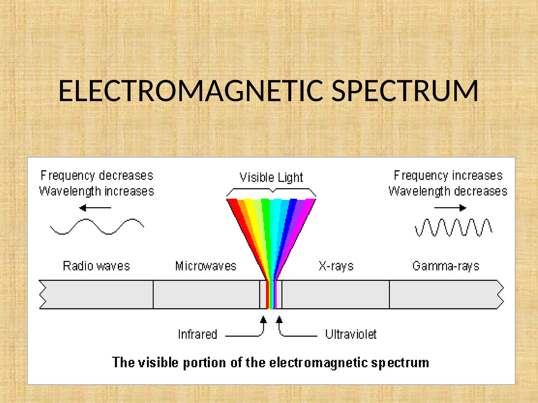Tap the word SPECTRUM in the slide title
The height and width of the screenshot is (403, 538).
405,91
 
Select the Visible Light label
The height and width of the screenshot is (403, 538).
271,178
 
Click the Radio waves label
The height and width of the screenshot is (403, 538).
96,266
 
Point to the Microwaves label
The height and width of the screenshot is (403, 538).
206,266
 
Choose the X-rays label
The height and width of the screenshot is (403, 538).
336,266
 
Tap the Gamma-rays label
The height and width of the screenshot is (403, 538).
446,266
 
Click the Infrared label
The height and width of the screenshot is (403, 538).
198,335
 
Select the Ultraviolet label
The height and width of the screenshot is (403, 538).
351,335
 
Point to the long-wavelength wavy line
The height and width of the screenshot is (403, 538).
97,226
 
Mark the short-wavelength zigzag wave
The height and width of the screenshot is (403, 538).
453,227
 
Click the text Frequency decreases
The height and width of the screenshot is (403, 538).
97,176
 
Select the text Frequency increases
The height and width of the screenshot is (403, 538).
448,176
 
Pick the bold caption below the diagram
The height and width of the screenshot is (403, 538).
271,363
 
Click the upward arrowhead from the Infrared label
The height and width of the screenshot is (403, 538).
263,320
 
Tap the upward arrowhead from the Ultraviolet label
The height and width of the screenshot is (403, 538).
279,320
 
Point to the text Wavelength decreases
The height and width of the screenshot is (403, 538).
448,191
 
